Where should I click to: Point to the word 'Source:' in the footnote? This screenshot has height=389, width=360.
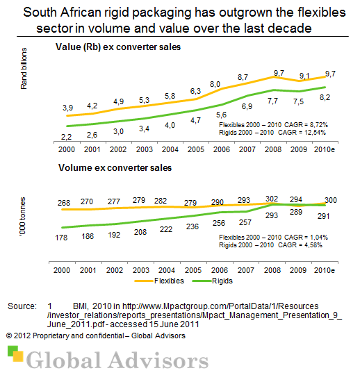click(x=22, y=306)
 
